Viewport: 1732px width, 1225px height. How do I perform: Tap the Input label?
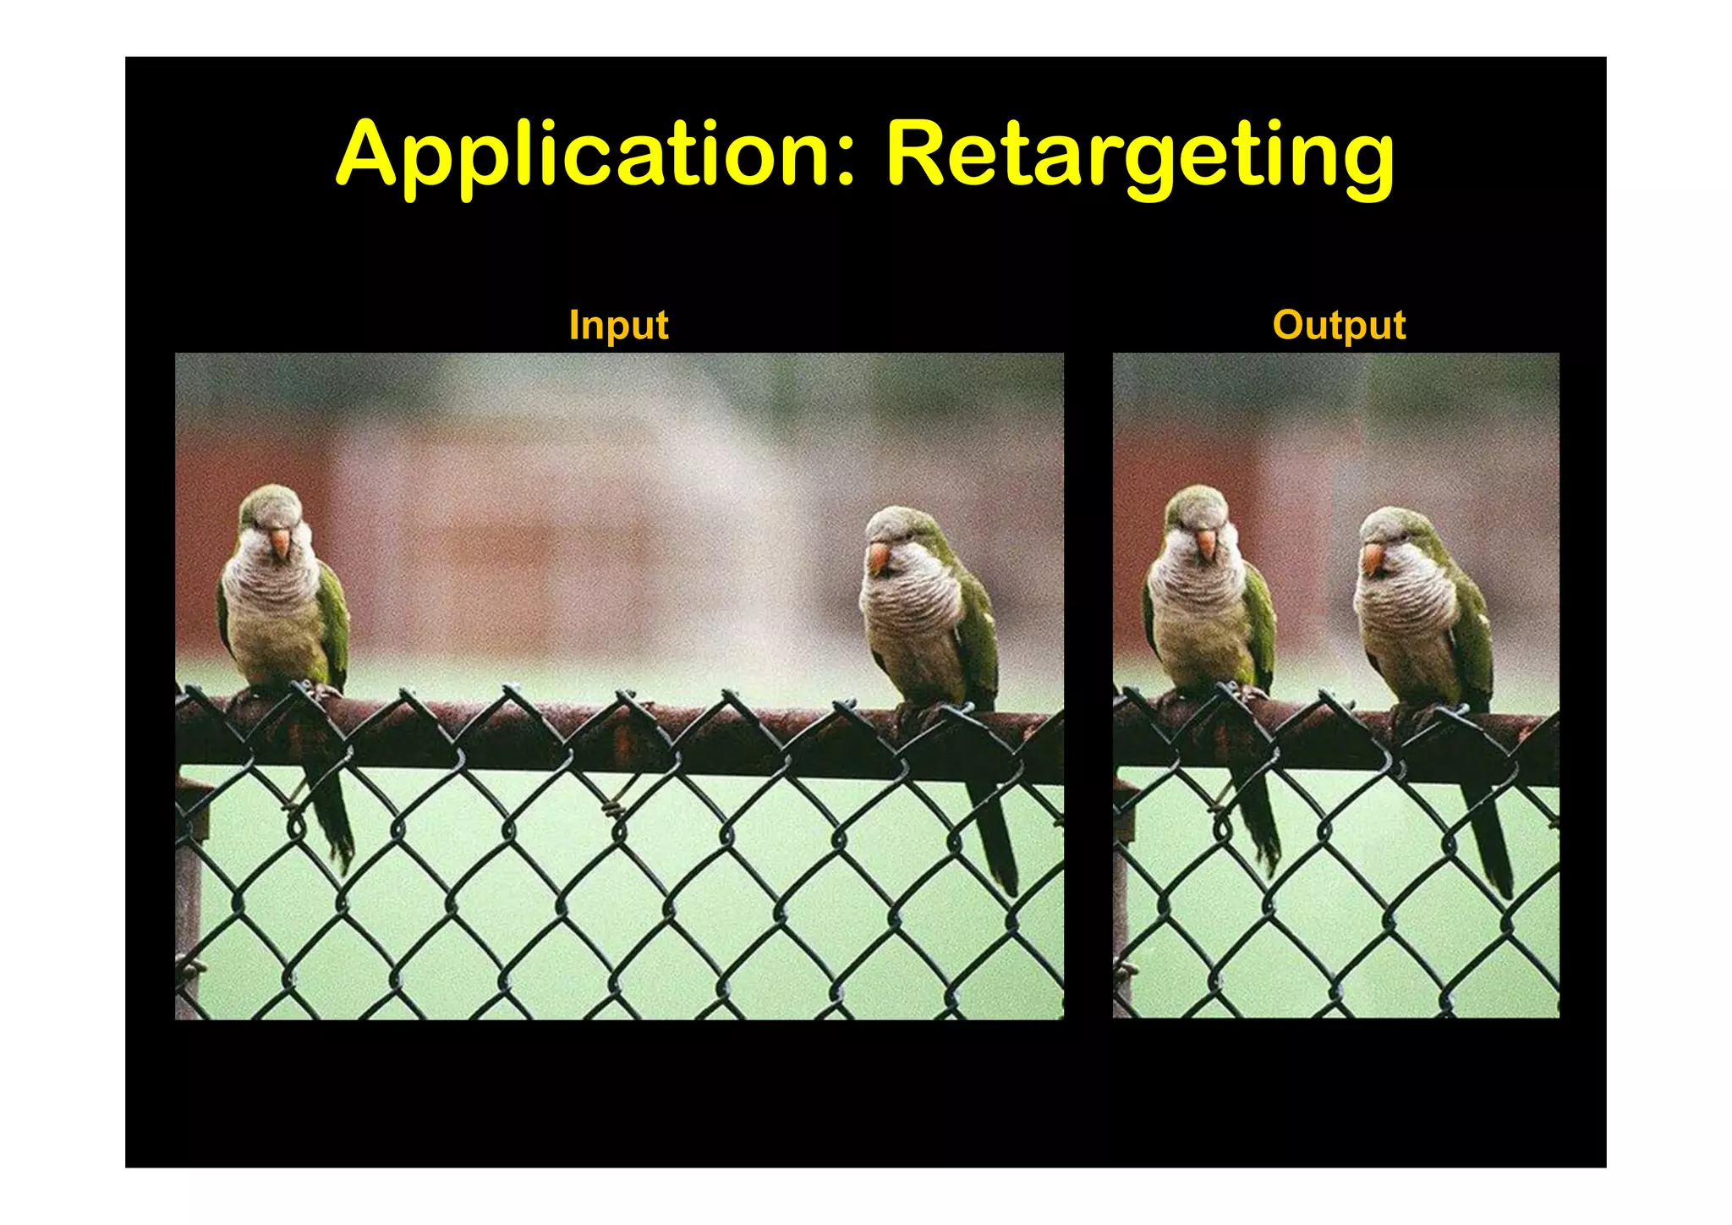618,325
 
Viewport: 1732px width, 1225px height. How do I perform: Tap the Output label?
1339,325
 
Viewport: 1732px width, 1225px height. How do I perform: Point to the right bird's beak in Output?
1373,558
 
